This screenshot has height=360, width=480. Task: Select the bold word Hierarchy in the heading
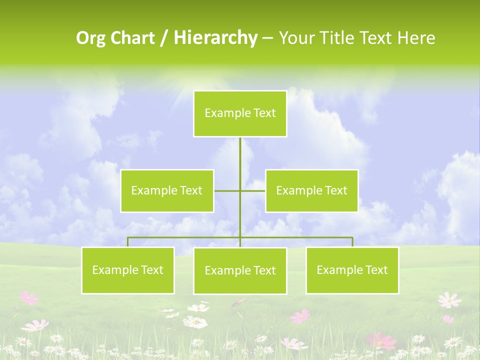pyautogui.click(x=215, y=38)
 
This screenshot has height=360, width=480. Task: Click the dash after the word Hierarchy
pyautogui.click(x=267, y=38)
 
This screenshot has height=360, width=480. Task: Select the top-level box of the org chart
pyautogui.click(x=240, y=113)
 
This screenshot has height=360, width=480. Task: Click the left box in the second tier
pyautogui.click(x=167, y=190)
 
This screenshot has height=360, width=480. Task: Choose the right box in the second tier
pyautogui.click(x=311, y=190)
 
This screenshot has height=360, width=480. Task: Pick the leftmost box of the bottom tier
pyautogui.click(x=127, y=270)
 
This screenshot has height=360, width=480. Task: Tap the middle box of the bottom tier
pyautogui.click(x=240, y=271)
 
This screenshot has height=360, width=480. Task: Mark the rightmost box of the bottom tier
pyautogui.click(x=352, y=270)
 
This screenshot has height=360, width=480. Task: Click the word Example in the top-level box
pyautogui.click(x=223, y=113)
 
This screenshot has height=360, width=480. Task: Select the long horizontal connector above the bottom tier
pyautogui.click(x=185, y=237)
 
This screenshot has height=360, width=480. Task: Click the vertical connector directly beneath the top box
pyautogui.click(x=240, y=155)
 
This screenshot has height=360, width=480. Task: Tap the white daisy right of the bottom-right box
pyautogui.click(x=449, y=300)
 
